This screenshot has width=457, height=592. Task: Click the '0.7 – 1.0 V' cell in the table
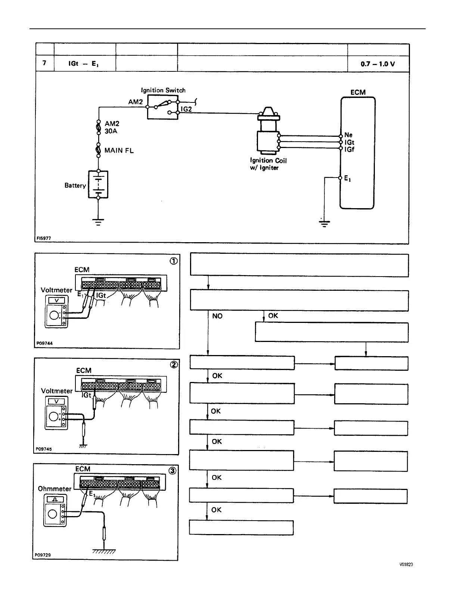click(378, 64)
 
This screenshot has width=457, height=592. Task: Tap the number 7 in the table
click(44, 63)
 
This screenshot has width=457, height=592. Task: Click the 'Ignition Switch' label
click(163, 90)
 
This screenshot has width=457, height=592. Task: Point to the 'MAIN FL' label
click(119, 151)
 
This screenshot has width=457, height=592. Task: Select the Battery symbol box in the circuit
click(98, 184)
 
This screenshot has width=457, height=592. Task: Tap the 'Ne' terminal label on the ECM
click(348, 135)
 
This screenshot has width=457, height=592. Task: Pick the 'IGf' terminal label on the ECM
click(349, 149)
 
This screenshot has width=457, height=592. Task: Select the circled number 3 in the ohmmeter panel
click(172, 471)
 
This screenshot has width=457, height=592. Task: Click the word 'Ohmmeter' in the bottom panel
click(55, 488)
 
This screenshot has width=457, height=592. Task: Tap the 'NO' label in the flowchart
click(217, 316)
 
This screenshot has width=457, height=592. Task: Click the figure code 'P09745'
click(44, 449)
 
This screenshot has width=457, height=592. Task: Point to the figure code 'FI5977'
click(43, 238)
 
